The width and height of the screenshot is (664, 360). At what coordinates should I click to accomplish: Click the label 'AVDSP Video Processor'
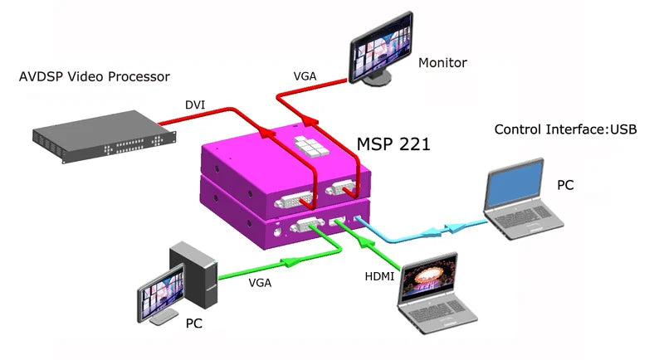(94, 77)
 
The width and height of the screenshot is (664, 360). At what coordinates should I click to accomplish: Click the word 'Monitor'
(442, 62)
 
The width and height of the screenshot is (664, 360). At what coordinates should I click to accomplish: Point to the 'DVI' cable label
(196, 105)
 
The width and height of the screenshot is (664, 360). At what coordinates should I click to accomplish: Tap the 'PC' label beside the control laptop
(564, 184)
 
